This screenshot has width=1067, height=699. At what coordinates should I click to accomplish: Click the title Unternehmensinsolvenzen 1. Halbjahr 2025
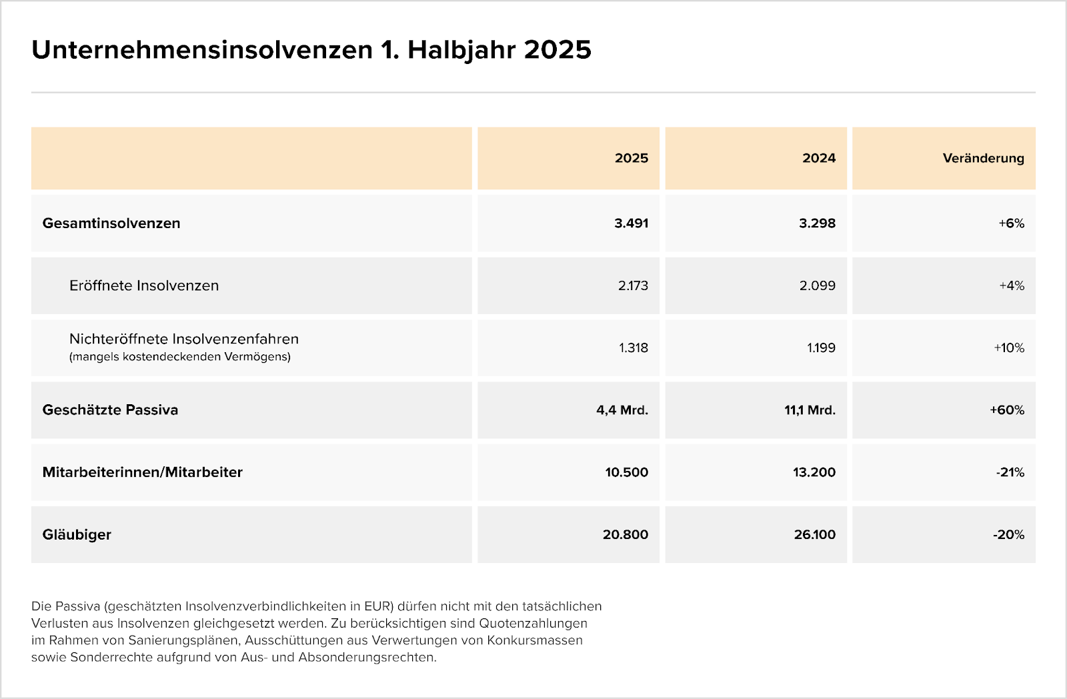311,50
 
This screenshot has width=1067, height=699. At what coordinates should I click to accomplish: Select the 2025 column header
631,158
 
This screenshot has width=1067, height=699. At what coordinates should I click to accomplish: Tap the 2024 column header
819,158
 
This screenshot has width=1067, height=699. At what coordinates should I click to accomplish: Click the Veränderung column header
983,158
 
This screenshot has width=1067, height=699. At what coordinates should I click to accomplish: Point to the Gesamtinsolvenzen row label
111,223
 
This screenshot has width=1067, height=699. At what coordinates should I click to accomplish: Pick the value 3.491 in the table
631,223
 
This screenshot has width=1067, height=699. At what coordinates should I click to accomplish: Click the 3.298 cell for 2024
818,223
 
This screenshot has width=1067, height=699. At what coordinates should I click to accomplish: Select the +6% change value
1011,223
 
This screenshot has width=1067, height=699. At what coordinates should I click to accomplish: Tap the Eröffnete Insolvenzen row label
144,285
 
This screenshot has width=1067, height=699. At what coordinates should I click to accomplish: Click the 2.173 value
633,285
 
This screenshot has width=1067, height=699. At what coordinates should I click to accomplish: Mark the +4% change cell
1011,285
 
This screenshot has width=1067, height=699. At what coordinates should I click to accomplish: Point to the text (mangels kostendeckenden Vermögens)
179,356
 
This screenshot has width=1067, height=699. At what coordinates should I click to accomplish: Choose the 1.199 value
821,347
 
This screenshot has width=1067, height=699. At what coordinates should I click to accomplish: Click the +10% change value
1009,347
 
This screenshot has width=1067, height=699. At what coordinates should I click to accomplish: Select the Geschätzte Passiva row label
110,410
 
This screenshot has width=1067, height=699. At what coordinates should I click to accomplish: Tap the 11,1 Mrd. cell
810,410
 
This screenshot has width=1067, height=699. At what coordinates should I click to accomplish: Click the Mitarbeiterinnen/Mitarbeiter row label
143,472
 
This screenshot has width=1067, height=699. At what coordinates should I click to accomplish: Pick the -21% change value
1010,472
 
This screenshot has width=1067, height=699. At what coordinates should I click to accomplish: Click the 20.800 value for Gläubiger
626,535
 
